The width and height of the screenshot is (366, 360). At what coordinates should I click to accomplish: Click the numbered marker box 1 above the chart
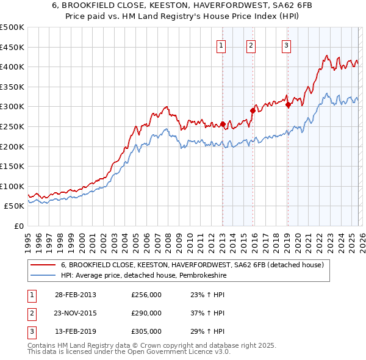(220, 45)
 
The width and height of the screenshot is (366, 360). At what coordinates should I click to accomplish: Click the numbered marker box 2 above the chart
(251, 45)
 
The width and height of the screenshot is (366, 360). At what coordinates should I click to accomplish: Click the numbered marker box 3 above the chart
(286, 45)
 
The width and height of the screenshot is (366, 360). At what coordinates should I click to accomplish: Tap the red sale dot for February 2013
(223, 124)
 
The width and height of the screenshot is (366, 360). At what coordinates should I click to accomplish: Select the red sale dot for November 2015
(253, 110)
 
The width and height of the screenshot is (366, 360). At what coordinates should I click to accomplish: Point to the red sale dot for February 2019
(287, 105)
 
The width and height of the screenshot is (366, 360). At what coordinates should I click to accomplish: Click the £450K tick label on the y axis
(12, 47)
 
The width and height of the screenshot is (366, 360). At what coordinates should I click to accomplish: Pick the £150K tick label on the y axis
(12, 166)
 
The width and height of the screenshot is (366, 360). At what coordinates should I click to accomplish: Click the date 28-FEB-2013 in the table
(76, 295)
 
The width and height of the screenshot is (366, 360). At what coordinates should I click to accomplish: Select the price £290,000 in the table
(146, 313)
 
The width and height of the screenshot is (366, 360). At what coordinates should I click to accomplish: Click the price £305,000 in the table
(146, 331)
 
